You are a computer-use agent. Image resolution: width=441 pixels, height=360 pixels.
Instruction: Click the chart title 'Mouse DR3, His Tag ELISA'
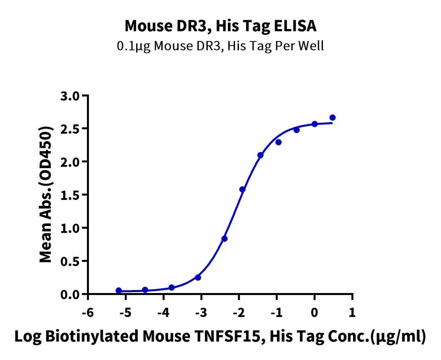pyautogui.click(x=220, y=26)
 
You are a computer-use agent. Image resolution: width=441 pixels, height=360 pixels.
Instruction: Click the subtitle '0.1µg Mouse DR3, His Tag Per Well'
pyautogui.click(x=220, y=46)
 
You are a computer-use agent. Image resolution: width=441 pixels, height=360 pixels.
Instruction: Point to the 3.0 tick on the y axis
pyautogui.click(x=71, y=96)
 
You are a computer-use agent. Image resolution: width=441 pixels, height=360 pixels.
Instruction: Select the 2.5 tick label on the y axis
pyautogui.click(x=71, y=129)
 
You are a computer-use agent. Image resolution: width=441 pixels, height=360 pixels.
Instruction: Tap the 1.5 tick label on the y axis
pyautogui.click(x=71, y=195)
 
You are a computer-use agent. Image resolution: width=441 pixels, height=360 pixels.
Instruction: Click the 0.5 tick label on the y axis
pyautogui.click(x=71, y=262)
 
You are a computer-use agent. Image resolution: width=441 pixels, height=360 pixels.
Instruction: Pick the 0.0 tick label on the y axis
pyautogui.click(x=71, y=295)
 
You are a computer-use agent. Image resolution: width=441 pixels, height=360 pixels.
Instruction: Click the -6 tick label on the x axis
pyautogui.click(x=88, y=312)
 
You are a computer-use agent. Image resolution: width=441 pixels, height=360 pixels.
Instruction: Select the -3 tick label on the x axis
pyautogui.click(x=201, y=312)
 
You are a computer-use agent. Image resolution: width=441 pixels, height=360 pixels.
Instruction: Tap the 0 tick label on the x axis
pyautogui.click(x=315, y=312)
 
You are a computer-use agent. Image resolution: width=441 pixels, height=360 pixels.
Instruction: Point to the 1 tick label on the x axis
pyautogui.click(x=352, y=312)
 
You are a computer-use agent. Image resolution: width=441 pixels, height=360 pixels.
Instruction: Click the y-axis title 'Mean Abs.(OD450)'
pyautogui.click(x=46, y=195)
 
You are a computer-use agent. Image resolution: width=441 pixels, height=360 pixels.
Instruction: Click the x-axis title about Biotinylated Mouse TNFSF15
pyautogui.click(x=220, y=336)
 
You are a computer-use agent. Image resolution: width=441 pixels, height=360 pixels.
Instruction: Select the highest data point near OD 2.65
pyautogui.click(x=332, y=118)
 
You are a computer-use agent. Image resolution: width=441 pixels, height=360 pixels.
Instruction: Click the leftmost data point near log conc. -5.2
pyautogui.click(x=118, y=290)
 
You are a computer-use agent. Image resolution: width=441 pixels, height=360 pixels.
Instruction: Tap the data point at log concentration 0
pyautogui.click(x=315, y=124)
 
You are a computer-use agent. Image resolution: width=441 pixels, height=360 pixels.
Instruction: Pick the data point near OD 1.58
pyautogui.click(x=242, y=189)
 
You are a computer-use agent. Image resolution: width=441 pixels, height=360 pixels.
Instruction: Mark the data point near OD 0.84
pyautogui.click(x=224, y=239)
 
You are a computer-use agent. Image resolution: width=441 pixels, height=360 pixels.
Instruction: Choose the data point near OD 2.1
pyautogui.click(x=260, y=155)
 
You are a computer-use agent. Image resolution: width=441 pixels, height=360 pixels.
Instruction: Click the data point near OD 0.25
pyautogui.click(x=198, y=277)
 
